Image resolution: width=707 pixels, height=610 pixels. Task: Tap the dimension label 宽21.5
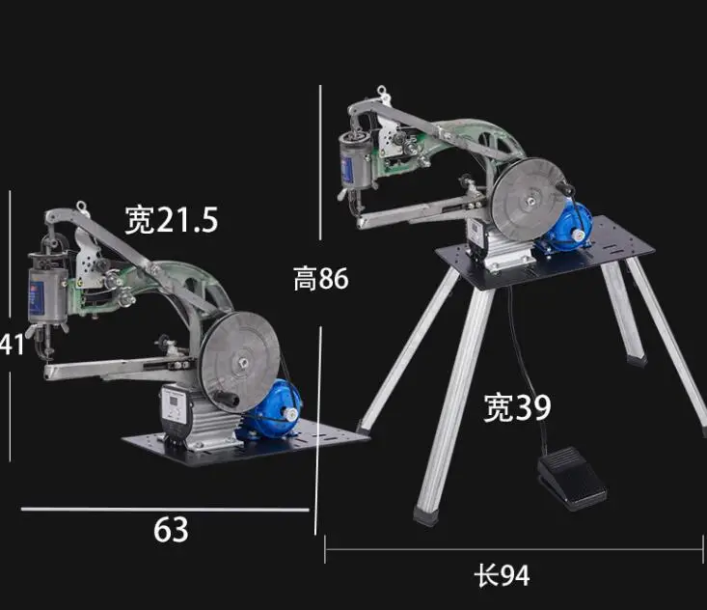point(172,220)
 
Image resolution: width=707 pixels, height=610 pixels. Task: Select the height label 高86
point(320,278)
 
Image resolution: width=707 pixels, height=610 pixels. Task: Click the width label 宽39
point(517,407)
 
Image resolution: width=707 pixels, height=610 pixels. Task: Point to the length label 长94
point(502,575)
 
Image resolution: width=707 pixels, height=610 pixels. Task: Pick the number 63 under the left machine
point(171,530)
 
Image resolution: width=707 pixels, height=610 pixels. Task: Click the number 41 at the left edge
point(13,345)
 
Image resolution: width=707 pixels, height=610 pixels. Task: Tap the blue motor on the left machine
point(274,409)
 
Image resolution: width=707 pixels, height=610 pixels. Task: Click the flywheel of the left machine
point(241,361)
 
